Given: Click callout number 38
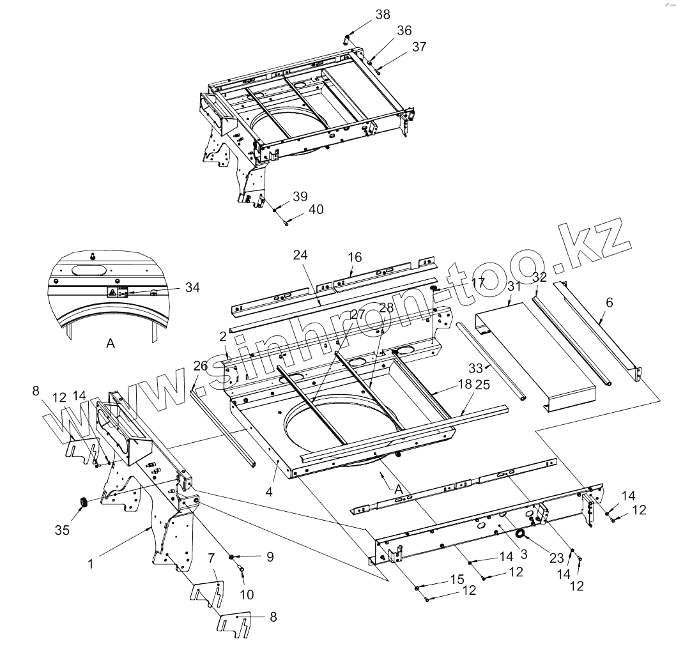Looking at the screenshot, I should point(383,15).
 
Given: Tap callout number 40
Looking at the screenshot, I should point(316,210).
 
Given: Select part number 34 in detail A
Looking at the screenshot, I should point(191,288).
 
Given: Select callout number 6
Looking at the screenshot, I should point(609,302).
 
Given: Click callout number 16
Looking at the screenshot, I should point(355,257).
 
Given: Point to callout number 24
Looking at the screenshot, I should point(301,254).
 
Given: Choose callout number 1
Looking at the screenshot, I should point(91,564).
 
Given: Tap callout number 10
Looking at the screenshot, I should point(247,594).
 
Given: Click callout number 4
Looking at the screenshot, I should point(269,492).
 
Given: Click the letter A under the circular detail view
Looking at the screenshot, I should point(110,344).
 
